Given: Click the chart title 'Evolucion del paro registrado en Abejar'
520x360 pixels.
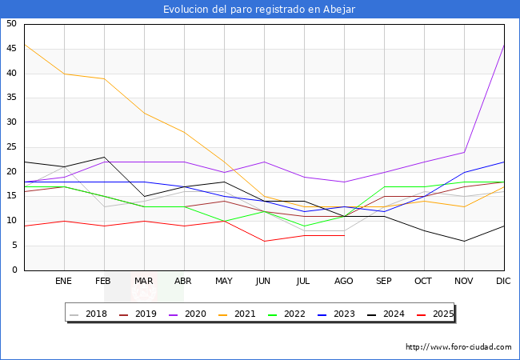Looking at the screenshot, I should coord(259,10).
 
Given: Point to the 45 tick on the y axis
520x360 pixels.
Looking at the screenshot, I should coord(12,49).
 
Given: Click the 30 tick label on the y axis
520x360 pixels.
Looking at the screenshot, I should coord(12,122).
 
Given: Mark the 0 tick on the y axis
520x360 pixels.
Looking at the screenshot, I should coord(14,270).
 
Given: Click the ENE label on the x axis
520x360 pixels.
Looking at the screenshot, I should coord(64,282).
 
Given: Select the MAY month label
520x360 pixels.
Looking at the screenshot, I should coord(224,282).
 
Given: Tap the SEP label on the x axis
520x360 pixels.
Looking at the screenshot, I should coord(384,282).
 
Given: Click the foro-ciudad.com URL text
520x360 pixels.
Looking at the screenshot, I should coord(458,347).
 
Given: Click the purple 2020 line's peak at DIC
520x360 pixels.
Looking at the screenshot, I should coord(504,44).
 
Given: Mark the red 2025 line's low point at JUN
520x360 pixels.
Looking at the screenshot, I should coord(264,241).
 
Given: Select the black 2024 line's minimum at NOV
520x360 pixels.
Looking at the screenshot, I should coord(464,241).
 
